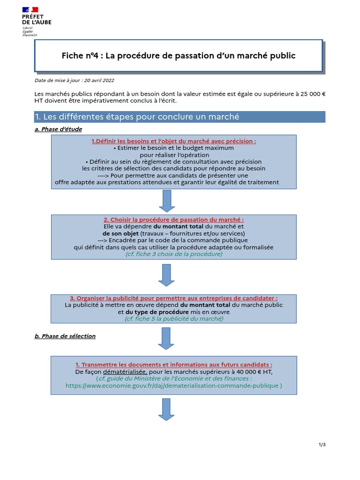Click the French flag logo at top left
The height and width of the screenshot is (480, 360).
coord(30,9)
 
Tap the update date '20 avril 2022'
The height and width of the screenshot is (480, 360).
coord(99,81)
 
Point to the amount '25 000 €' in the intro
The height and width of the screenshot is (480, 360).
coord(311,94)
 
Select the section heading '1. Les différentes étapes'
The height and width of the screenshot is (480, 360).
coord(137,117)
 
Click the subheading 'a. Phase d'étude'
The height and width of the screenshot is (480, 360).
coord(59,129)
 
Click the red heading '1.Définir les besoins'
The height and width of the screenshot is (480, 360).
coord(173,141)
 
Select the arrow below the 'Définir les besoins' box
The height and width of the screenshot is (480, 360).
coord(166,201)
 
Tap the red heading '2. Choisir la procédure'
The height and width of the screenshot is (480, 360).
coord(173,219)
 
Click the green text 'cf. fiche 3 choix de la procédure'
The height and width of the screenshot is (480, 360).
coord(173,254)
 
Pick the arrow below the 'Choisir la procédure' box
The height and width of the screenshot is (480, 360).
coord(166,275)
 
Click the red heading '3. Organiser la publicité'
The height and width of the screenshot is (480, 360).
coord(173,298)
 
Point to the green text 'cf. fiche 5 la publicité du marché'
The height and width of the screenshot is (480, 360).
coord(173,318)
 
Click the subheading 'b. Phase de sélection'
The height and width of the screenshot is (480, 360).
coord(65,336)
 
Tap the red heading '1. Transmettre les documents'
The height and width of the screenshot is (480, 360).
coord(173,365)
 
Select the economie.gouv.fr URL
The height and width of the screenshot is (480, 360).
coord(173,386)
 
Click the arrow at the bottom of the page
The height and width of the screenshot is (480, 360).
coord(166,409)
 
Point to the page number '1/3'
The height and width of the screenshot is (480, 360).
coord(321,445)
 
